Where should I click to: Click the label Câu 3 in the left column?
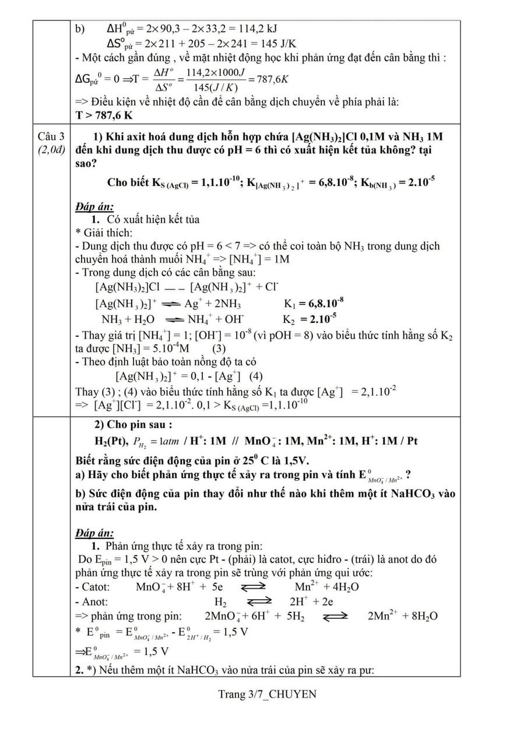51,137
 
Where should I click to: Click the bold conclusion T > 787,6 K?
104,115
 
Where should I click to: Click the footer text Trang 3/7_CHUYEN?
267,694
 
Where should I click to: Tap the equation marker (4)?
255,376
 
